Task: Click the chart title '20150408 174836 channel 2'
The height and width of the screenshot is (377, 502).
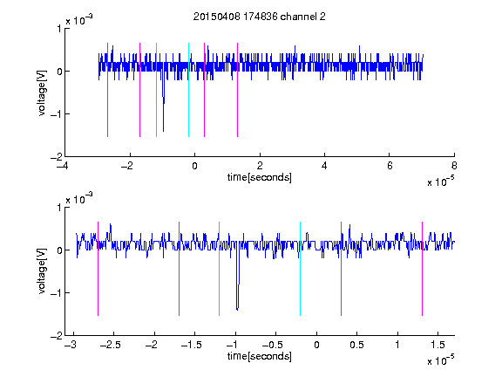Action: [x=260, y=17]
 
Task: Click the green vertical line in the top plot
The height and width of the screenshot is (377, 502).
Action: [x=156, y=90]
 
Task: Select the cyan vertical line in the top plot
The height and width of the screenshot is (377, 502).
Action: [x=188, y=90]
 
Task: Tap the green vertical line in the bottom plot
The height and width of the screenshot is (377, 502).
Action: [x=220, y=269]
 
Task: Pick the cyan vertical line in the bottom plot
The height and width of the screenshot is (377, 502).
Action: [x=301, y=269]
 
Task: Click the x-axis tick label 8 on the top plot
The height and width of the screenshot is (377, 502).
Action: [x=454, y=166]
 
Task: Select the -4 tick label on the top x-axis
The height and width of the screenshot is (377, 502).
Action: [x=63, y=166]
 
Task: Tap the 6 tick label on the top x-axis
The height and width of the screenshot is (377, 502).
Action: [x=390, y=166]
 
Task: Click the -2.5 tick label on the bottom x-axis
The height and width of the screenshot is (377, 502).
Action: [x=110, y=345]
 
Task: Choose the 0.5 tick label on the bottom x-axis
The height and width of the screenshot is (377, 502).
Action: [x=356, y=345]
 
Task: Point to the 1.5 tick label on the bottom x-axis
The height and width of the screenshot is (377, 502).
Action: [x=438, y=345]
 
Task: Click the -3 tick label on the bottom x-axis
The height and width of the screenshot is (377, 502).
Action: [x=71, y=345]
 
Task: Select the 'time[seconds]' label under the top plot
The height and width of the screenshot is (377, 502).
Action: [x=260, y=177]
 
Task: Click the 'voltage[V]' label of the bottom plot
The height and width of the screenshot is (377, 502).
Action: [x=42, y=271]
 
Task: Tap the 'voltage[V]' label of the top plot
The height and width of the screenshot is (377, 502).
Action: [x=42, y=93]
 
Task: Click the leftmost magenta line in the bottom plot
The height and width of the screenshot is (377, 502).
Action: [x=98, y=269]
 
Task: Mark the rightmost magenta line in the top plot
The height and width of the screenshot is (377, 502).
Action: [x=237, y=90]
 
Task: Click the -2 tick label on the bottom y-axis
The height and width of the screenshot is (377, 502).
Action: [x=57, y=336]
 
